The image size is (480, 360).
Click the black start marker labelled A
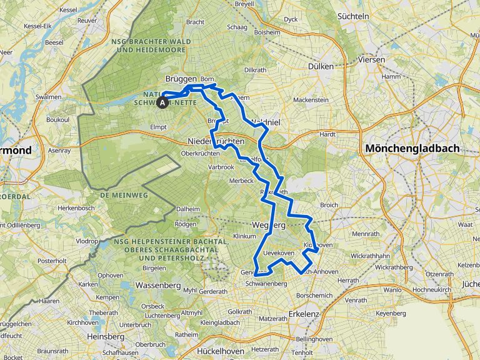coord(163,102)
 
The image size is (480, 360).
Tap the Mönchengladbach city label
coord(412,149)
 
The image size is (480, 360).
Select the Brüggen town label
coord(181,79)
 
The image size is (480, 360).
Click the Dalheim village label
coord(187,209)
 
